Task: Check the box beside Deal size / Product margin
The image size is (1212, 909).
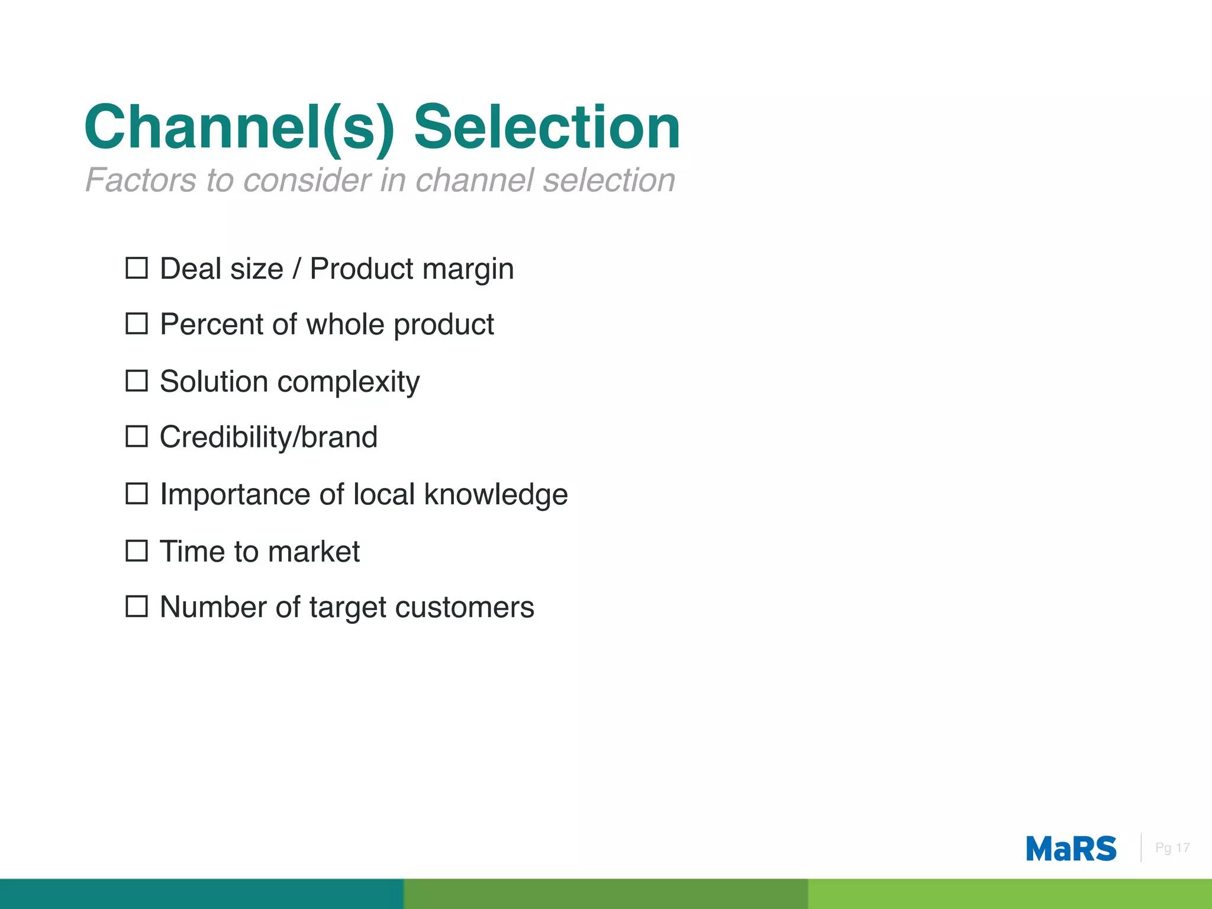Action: (x=137, y=268)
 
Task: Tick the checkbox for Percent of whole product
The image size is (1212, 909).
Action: (x=137, y=324)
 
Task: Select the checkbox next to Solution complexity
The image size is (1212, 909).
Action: (x=137, y=381)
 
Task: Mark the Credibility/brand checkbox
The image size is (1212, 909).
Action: (x=137, y=437)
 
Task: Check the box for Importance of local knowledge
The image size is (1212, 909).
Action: (x=137, y=494)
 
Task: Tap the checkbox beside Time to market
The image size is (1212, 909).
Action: (x=137, y=551)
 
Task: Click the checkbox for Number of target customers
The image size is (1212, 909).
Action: (x=137, y=607)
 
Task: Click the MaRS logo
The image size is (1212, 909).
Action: (x=1071, y=849)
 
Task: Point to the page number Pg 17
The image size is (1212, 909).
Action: (x=1172, y=848)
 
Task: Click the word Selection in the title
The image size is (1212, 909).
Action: (x=547, y=127)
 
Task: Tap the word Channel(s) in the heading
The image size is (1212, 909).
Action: (x=239, y=127)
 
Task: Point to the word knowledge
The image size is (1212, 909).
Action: (x=496, y=495)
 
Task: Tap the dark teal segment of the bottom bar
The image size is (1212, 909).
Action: (x=201, y=894)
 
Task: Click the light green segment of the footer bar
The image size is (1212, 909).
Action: (x=1010, y=894)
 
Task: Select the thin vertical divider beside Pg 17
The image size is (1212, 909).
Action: (x=1141, y=847)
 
